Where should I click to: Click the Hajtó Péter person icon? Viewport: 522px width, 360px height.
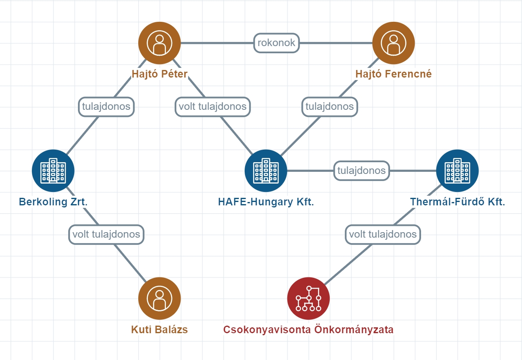tap(160, 43)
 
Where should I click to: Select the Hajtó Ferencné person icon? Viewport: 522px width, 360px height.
tap(393, 43)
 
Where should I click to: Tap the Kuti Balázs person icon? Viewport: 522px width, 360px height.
tap(160, 298)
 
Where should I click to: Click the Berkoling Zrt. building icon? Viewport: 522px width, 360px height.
tap(53, 171)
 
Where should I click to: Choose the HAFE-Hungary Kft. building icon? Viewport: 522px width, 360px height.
tap(266, 171)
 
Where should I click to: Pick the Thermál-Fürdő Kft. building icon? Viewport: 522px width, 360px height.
tap(457, 171)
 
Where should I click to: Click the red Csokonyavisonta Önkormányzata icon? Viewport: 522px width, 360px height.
tap(308, 298)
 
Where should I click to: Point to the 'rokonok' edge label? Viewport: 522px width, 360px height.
tap(277, 43)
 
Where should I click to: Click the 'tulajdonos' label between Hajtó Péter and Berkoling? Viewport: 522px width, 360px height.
tap(106, 106)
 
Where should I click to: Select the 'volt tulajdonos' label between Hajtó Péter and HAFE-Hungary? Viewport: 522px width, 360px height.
tap(212, 106)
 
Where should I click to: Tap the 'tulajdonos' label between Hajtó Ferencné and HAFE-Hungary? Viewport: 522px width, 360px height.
tap(330, 106)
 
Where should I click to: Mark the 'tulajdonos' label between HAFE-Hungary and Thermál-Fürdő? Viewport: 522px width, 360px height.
tap(362, 171)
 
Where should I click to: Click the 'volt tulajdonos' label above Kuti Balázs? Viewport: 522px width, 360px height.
tap(106, 234)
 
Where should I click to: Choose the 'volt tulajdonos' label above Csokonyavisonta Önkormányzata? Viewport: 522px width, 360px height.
tap(383, 234)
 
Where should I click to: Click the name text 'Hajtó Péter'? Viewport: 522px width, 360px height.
tap(160, 74)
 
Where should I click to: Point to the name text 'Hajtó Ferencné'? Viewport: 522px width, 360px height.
tap(393, 74)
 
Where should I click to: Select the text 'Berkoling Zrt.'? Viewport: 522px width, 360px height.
tap(53, 202)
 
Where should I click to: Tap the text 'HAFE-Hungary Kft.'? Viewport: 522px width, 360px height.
tap(266, 202)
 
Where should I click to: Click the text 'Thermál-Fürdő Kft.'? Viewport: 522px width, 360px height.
tap(457, 202)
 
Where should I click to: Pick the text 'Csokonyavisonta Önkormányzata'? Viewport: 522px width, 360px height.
tap(308, 330)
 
